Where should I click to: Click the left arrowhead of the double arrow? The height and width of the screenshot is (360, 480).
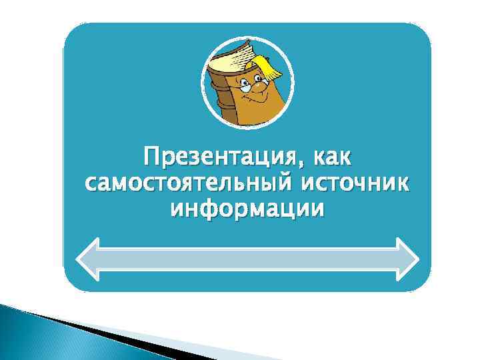(x=90, y=259)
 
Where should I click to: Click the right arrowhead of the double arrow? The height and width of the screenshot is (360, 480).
(x=405, y=259)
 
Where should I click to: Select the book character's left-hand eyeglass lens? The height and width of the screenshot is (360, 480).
(x=246, y=87)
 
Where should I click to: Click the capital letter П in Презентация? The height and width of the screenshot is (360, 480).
(x=150, y=159)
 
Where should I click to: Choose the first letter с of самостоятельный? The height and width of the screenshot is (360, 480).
(x=91, y=185)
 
